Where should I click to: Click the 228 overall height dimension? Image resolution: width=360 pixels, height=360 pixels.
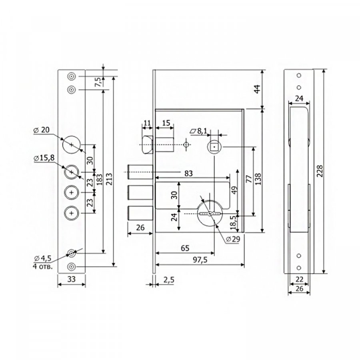coord(320,171)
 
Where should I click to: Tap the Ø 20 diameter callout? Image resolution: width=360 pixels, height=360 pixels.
coord(42,130)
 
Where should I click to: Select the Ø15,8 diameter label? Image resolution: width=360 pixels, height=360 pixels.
coord(44,158)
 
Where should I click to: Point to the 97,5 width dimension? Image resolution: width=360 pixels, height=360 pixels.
coord(200,260)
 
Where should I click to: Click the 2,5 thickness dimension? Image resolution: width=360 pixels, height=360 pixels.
coord(169,280)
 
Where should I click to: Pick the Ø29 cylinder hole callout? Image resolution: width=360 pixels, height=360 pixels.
coord(233,239)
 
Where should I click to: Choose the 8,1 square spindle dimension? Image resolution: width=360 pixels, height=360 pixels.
coord(198,131)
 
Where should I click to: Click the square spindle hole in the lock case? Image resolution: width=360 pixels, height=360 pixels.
coord(214,146)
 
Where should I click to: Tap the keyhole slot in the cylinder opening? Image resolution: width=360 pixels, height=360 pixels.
coord(210,214)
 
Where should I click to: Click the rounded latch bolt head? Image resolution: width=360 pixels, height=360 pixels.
coord(148,145)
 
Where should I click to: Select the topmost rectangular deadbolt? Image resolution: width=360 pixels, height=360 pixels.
coord(140,172)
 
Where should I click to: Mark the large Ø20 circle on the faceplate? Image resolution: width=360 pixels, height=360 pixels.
coord(72,145)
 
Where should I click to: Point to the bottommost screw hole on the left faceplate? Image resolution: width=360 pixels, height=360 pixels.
coord(72,266)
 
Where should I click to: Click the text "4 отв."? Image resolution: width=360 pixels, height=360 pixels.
coord(43,266)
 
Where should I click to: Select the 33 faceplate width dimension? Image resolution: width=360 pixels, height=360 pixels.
coord(72,279)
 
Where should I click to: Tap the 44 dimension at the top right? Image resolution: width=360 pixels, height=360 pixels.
coord(258,89)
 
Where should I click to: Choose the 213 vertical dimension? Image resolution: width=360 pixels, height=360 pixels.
coord(109,179)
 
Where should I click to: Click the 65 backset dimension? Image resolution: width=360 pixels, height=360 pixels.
coord(185,248)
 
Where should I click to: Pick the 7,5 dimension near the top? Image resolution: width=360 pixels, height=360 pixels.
coord(98,82)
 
